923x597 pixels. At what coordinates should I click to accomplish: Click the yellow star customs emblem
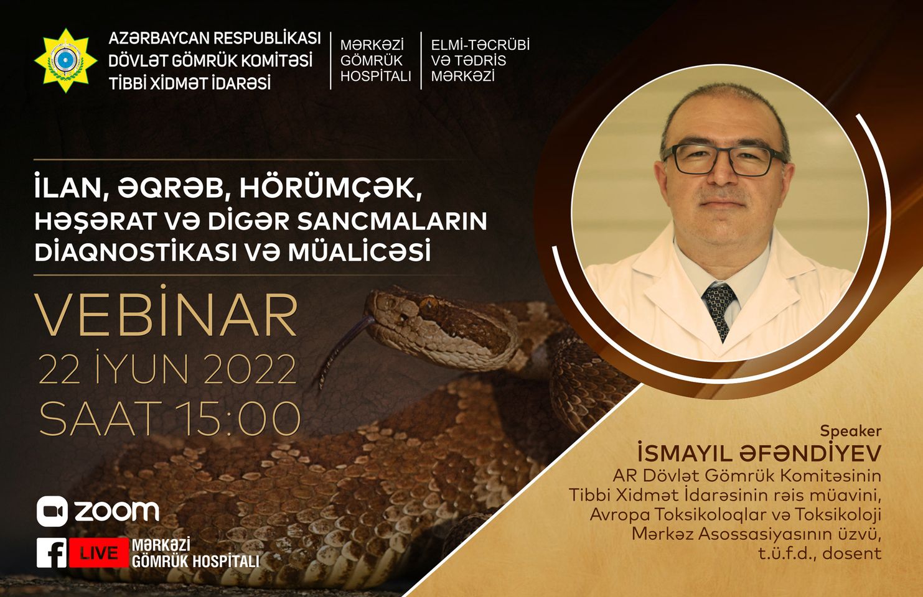coord(65,60)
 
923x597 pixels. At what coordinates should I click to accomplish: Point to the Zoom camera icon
coord(52,511)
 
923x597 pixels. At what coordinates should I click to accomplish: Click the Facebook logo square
coord(52,553)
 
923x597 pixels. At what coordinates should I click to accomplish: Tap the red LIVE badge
coord(99,553)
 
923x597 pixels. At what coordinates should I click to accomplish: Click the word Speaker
coord(850,432)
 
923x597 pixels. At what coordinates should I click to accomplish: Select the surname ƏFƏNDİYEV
coord(810,453)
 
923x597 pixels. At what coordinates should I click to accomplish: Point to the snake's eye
coord(429,304)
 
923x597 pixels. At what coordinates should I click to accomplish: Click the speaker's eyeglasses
coord(724,160)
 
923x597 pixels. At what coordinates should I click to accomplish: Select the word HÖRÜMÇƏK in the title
coord(331,189)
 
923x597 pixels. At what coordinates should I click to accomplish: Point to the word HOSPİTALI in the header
coord(376,76)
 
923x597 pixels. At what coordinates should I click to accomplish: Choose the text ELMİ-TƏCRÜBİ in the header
coord(480,45)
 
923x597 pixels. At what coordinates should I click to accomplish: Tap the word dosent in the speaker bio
coord(852,553)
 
